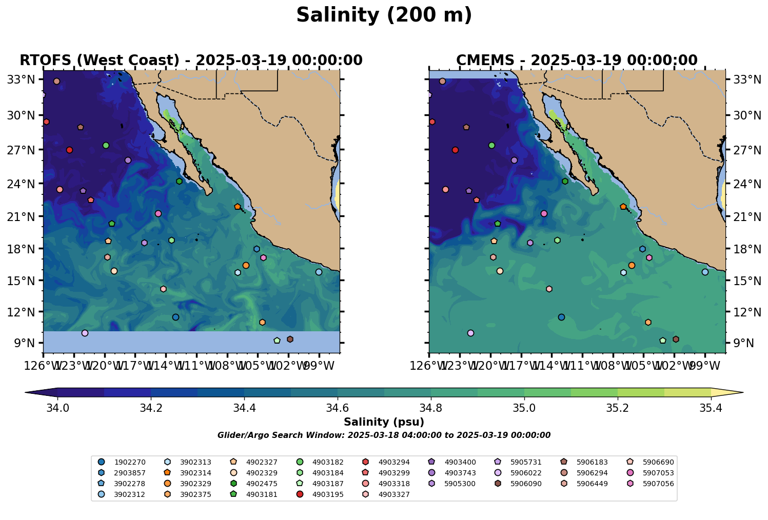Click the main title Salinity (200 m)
click(384, 15)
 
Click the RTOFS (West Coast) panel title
click(191, 61)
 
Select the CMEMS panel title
click(577, 61)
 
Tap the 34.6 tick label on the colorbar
click(338, 408)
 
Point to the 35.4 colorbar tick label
click(711, 408)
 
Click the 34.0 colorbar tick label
click(57, 408)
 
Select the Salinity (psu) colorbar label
click(384, 423)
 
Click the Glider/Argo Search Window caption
click(384, 435)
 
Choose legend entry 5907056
click(658, 484)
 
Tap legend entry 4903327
click(394, 494)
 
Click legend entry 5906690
click(658, 462)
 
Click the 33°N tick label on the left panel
click(25, 79)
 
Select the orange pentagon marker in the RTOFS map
click(238, 207)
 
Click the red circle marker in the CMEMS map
click(455, 150)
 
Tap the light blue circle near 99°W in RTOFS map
click(319, 272)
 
